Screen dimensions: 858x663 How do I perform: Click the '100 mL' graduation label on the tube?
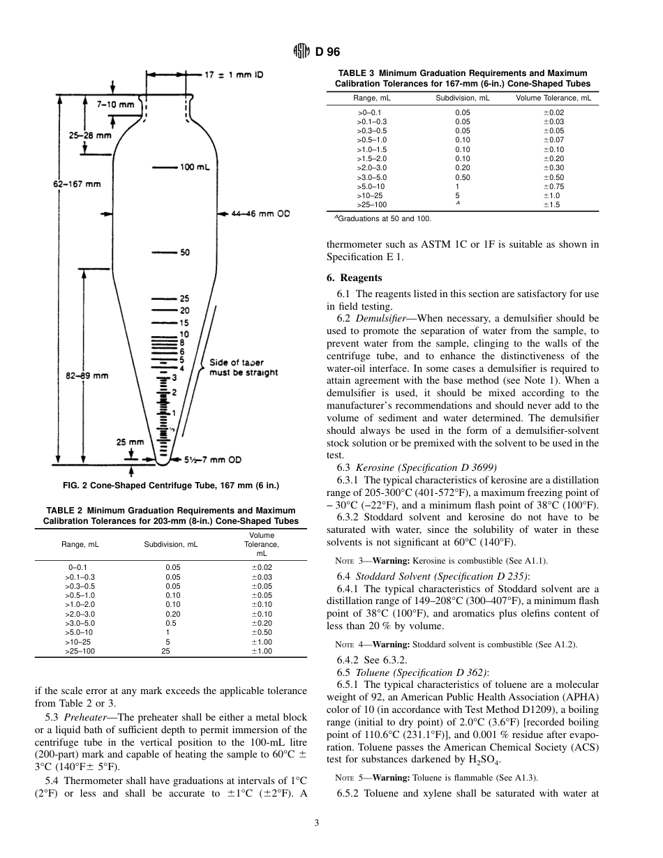click(191, 167)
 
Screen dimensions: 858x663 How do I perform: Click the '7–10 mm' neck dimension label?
click(115, 104)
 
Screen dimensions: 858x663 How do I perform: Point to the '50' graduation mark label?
click(184, 253)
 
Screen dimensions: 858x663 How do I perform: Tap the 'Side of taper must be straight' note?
click(244, 368)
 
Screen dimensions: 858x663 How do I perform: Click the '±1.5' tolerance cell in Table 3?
click(553, 205)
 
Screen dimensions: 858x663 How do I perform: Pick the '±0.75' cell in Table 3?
click(553, 186)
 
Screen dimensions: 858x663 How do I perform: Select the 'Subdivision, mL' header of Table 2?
click(171, 544)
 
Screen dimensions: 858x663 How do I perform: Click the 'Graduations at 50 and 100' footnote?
click(382, 218)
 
